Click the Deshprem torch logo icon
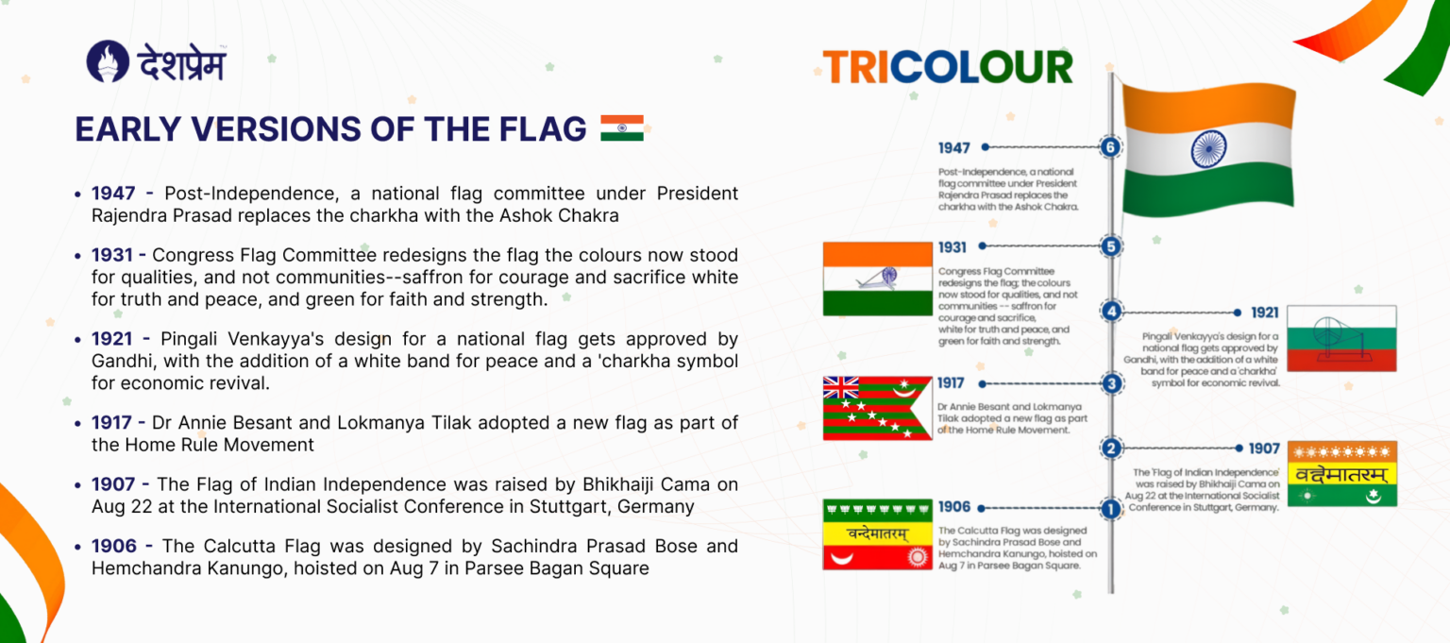click(x=108, y=61)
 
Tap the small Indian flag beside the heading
click(x=621, y=128)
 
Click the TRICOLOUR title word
click(x=948, y=67)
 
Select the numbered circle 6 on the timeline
click(x=1111, y=147)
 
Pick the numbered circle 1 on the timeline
click(x=1111, y=509)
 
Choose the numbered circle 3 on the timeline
click(x=1111, y=383)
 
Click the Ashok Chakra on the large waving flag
click(x=1208, y=148)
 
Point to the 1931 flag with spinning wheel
click(x=878, y=279)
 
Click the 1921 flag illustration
click(x=1340, y=338)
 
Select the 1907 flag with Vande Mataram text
click(x=1341, y=474)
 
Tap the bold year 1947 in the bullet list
click(x=115, y=194)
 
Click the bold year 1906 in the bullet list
click(x=115, y=546)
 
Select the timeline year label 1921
click(x=1265, y=313)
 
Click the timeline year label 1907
click(x=1264, y=448)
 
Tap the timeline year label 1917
click(x=952, y=383)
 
